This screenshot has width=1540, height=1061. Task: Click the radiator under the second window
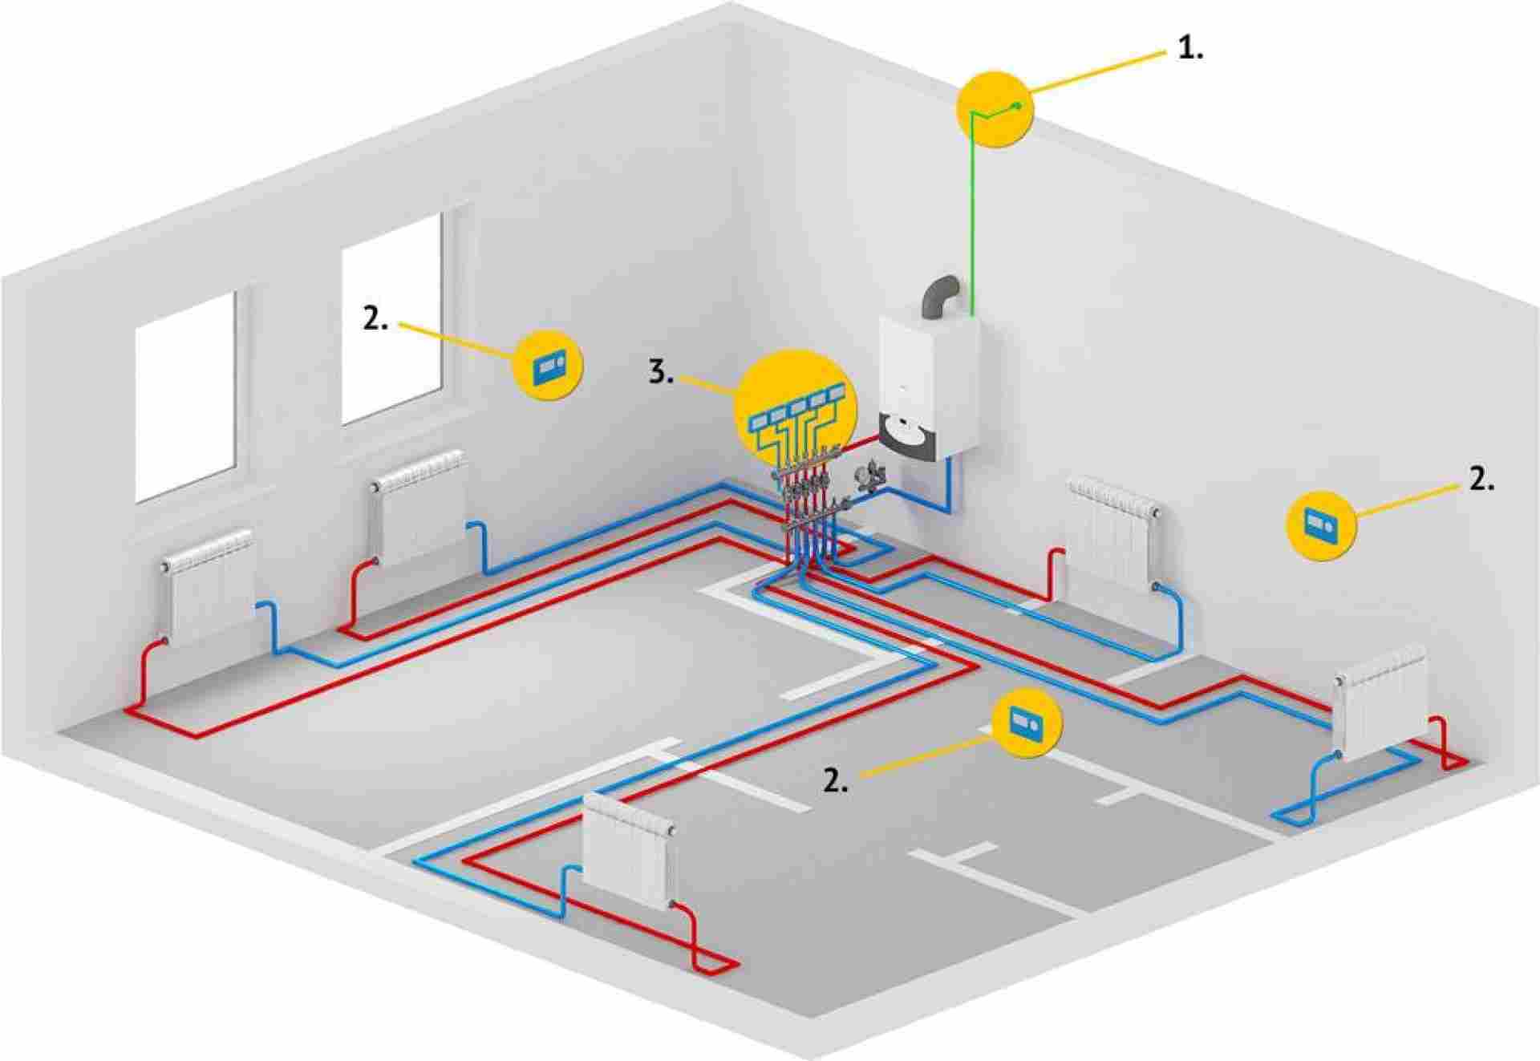pyautogui.click(x=419, y=508)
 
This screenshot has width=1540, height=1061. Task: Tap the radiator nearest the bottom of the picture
pyautogui.click(x=628, y=853)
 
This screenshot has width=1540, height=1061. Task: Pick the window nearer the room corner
pyautogui.click(x=392, y=318)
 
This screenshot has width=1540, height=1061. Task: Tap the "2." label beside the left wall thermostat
pyautogui.click(x=375, y=319)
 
